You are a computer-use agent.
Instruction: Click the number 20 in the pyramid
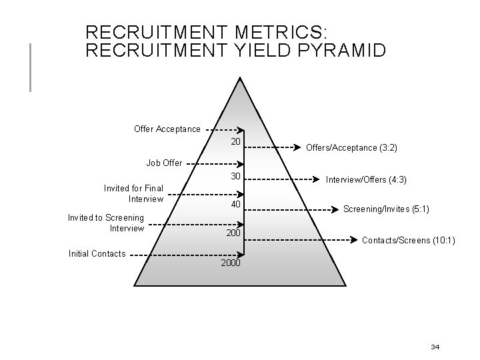pos(235,142)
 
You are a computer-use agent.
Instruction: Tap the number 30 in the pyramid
pos(235,176)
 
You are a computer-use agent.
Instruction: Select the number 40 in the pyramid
pos(235,204)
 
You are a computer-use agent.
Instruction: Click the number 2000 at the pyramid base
pos(230,264)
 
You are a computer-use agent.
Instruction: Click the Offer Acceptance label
pos(167,129)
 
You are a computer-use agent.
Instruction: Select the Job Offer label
pos(164,163)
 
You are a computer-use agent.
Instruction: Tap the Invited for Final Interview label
pos(133,193)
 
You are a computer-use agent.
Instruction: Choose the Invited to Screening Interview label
pos(106,223)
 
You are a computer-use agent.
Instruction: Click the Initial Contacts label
pos(97,253)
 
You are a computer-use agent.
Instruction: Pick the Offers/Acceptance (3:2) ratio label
pos(351,147)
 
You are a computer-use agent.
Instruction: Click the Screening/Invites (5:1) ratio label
pos(386,209)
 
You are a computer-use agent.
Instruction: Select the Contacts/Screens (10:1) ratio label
pos(408,239)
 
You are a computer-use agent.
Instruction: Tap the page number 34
pos(435,347)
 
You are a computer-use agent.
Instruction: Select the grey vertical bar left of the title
pos(30,67)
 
